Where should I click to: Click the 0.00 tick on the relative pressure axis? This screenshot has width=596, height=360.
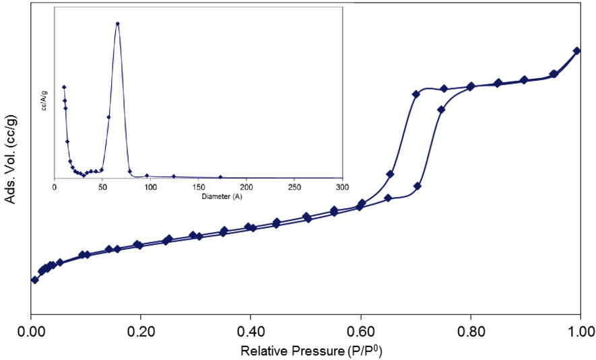click(31, 332)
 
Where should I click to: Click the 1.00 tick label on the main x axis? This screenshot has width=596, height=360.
click(580, 332)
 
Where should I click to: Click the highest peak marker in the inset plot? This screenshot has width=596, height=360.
click(118, 24)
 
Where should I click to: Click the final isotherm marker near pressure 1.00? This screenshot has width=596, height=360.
click(576, 50)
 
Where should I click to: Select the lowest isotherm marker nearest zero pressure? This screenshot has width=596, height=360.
click(34, 279)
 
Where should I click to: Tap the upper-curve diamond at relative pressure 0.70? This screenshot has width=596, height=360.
click(416, 94)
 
